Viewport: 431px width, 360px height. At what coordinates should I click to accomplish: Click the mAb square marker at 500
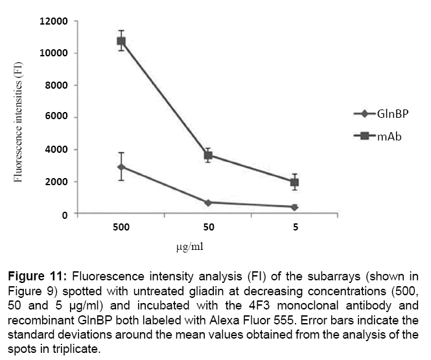pos(121,41)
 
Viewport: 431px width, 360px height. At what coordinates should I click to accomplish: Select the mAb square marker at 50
pos(209,155)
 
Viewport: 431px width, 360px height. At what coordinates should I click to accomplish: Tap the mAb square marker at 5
pos(295,182)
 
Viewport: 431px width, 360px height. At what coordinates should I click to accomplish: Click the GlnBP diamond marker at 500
pos(121,167)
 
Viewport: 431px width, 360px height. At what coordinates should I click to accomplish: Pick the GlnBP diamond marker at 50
pos(209,203)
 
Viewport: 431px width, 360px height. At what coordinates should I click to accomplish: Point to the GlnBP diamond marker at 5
pos(295,207)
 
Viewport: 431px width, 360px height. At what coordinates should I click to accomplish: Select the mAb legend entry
pos(381,135)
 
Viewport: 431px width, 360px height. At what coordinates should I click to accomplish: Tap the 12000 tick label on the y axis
pos(54,21)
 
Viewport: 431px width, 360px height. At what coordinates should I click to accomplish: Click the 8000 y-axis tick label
pos(57,85)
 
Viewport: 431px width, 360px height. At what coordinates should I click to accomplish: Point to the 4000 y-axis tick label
pos(57,150)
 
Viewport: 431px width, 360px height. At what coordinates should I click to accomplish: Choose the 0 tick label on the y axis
pos(65,214)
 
